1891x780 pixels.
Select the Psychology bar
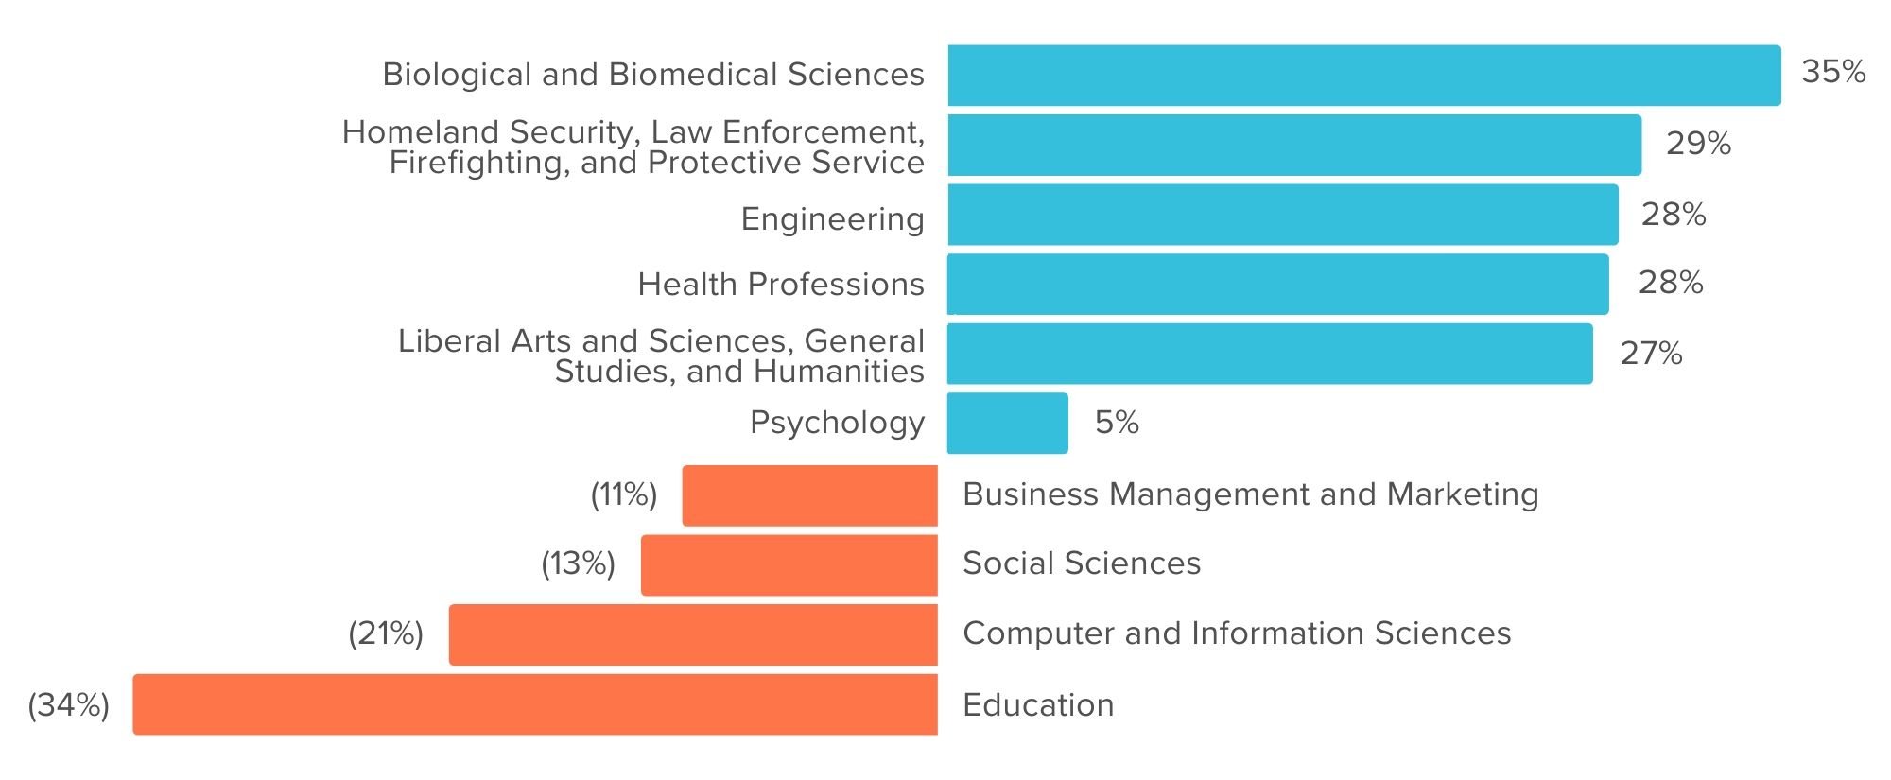point(1007,423)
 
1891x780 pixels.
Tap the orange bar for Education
point(535,704)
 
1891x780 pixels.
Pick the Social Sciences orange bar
point(789,565)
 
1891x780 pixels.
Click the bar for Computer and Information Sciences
point(693,634)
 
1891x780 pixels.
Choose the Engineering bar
point(1282,215)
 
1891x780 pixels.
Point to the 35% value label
point(1832,72)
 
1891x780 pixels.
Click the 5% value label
point(1117,422)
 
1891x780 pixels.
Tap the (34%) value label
point(69,705)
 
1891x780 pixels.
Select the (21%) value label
point(386,633)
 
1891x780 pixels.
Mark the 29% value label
point(1698,144)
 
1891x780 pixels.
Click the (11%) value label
point(623,494)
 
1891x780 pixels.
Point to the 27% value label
point(1651,354)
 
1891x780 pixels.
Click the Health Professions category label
point(780,284)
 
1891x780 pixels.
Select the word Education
point(1038,705)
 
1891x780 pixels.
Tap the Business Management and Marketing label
point(1250,494)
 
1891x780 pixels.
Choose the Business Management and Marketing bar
point(810,495)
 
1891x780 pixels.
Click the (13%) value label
point(578,563)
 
